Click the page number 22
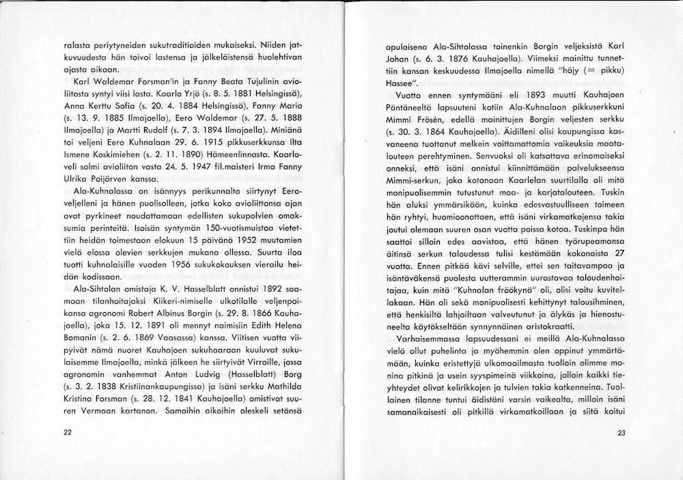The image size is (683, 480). click(66, 432)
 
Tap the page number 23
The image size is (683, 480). click(621, 432)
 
